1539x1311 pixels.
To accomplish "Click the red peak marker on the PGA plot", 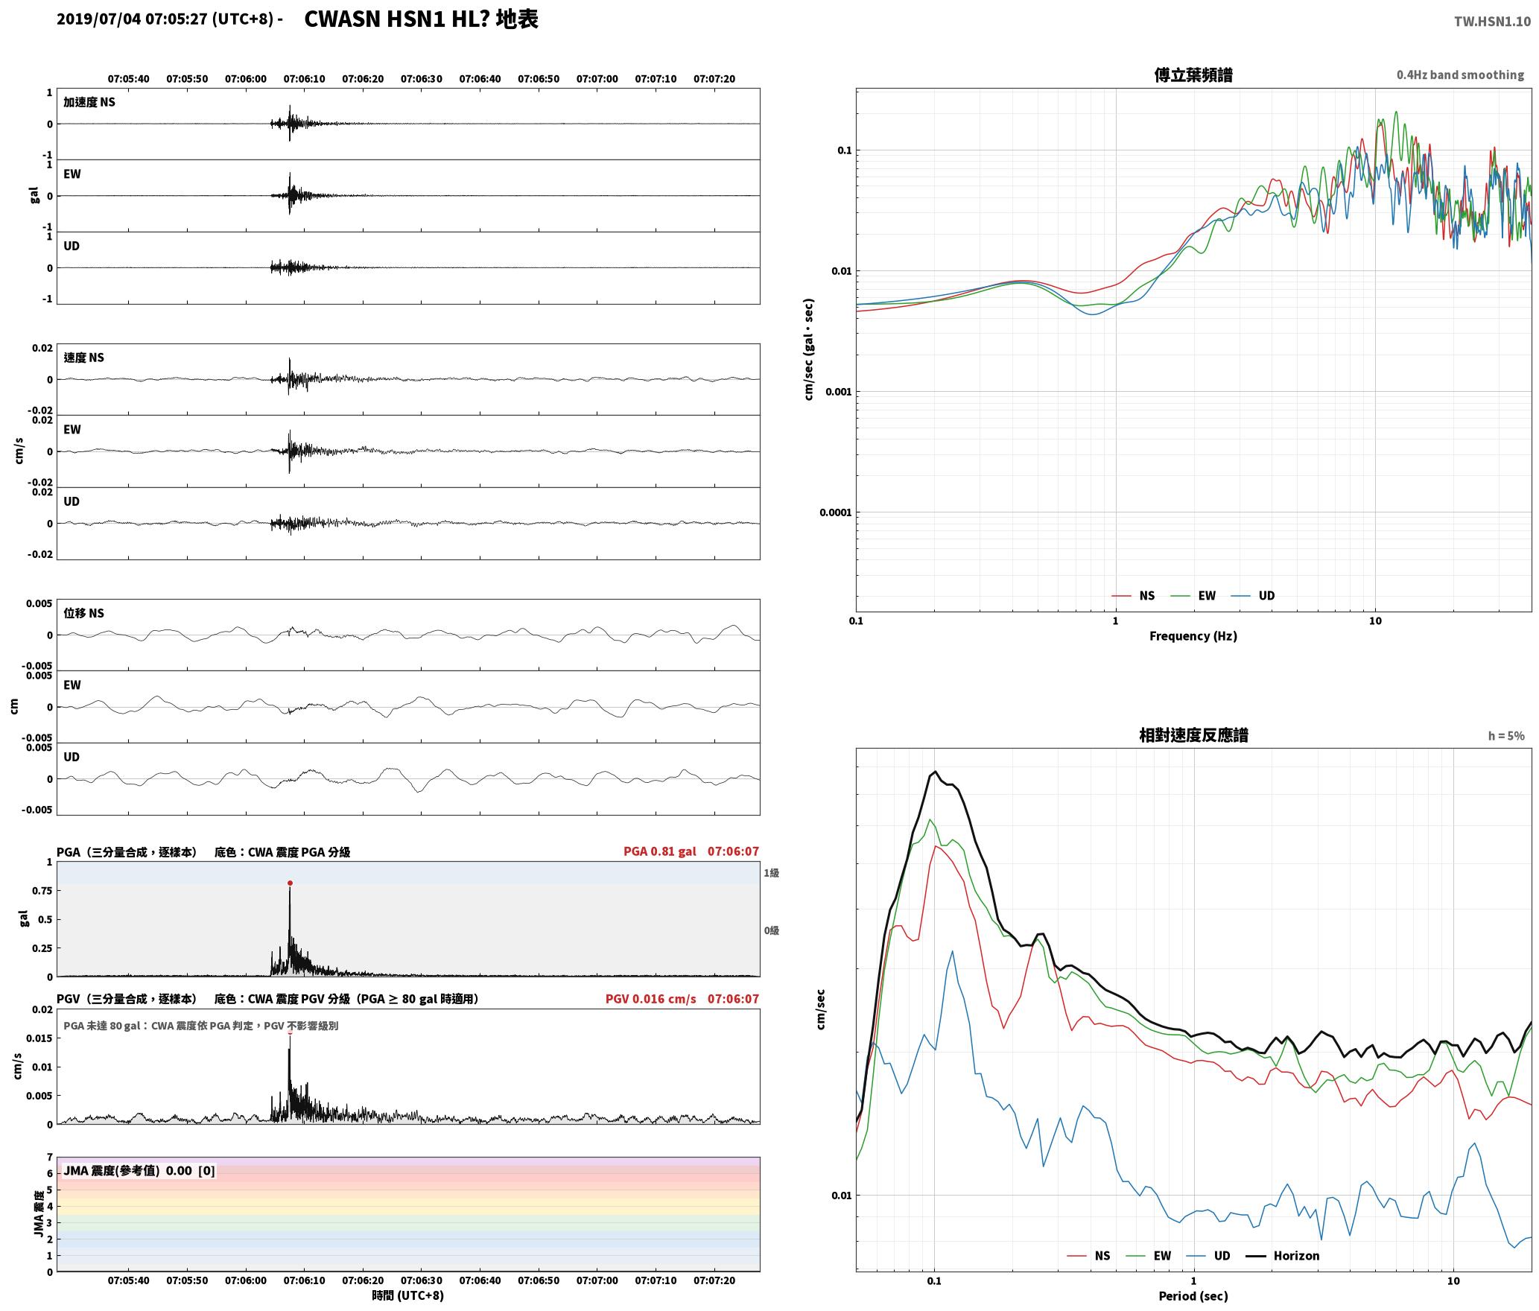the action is point(290,883).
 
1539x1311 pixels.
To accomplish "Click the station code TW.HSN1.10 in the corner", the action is point(1491,22).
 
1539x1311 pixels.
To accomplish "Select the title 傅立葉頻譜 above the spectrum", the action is point(1193,74).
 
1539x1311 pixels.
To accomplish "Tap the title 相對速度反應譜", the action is point(1193,735).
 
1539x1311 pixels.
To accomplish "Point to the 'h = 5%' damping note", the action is point(1506,736).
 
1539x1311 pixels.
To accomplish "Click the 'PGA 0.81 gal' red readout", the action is point(660,851).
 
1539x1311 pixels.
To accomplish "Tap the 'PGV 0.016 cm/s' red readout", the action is point(650,999).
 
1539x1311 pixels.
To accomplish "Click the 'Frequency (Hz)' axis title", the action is point(1193,636).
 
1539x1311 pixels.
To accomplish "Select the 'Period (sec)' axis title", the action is point(1193,1297).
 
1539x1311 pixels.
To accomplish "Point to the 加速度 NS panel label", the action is point(89,102).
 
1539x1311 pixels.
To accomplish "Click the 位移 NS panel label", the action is point(83,613).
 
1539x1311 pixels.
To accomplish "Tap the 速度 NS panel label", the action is point(83,358).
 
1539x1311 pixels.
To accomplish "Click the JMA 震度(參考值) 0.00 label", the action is point(139,1171).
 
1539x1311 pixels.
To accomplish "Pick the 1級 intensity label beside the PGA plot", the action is point(771,873).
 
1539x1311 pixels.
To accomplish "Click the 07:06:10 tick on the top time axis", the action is point(304,79).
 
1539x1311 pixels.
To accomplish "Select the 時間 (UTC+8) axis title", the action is point(408,1296).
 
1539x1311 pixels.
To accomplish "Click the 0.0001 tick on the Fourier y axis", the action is point(835,512).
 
